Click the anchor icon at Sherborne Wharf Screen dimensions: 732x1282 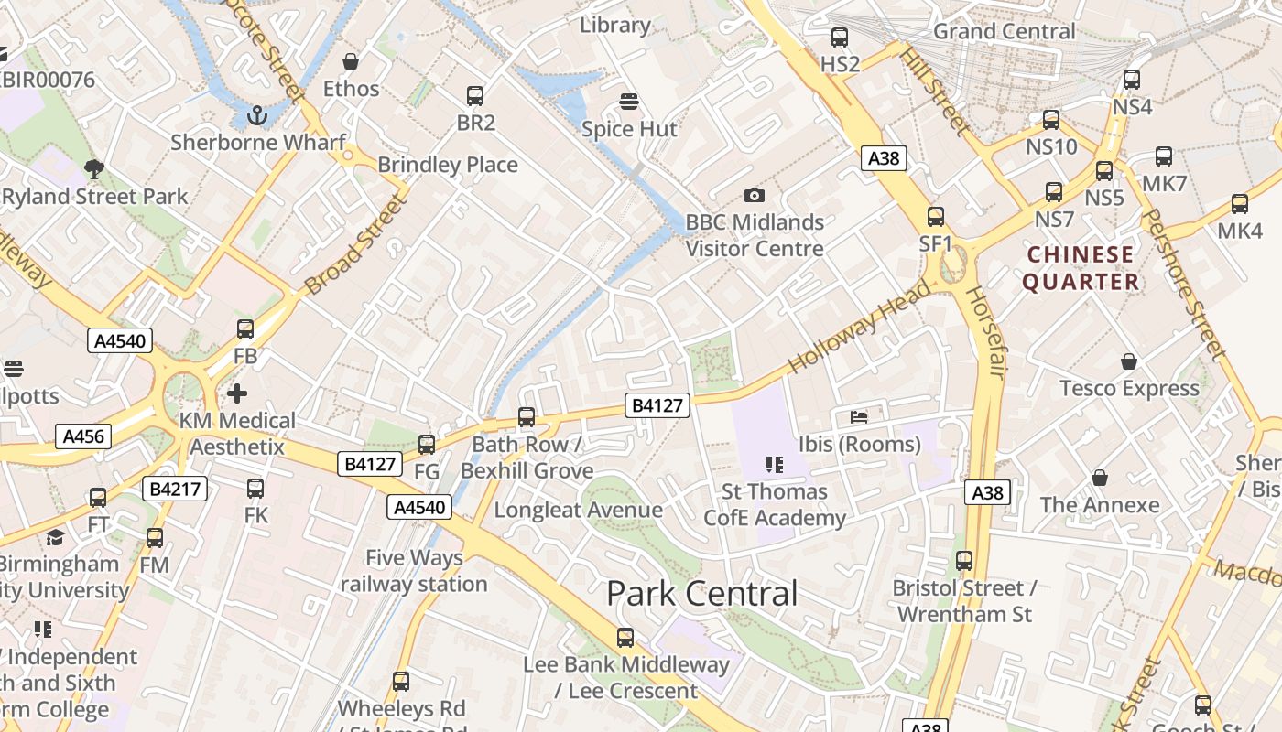pyautogui.click(x=257, y=115)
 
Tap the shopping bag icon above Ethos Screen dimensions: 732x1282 pyautogui.click(x=350, y=61)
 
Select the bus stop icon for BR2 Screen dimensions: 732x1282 pyautogui.click(x=475, y=95)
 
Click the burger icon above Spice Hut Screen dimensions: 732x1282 pyautogui.click(x=628, y=101)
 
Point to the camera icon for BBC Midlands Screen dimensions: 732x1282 pyautogui.click(x=754, y=195)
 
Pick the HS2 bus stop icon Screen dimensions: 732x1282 pyautogui.click(x=840, y=38)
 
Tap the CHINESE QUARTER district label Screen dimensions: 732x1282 pyautogui.click(x=1081, y=267)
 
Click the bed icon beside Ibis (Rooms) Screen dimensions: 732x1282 pyautogui.click(x=859, y=417)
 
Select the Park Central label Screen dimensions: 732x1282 pyautogui.click(x=702, y=594)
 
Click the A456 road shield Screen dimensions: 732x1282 pyautogui.click(x=83, y=436)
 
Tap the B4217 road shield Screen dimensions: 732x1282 pyautogui.click(x=175, y=490)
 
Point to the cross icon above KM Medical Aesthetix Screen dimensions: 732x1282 pyautogui.click(x=237, y=393)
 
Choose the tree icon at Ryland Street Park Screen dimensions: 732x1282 pyautogui.click(x=93, y=168)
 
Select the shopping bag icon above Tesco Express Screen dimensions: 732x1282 pyautogui.click(x=1129, y=361)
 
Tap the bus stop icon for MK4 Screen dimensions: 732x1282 pyautogui.click(x=1240, y=204)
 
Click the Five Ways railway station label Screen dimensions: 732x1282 pyautogui.click(x=414, y=570)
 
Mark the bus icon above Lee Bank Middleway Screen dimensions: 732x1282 pyautogui.click(x=625, y=637)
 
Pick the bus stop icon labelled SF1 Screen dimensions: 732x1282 pyautogui.click(x=936, y=217)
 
